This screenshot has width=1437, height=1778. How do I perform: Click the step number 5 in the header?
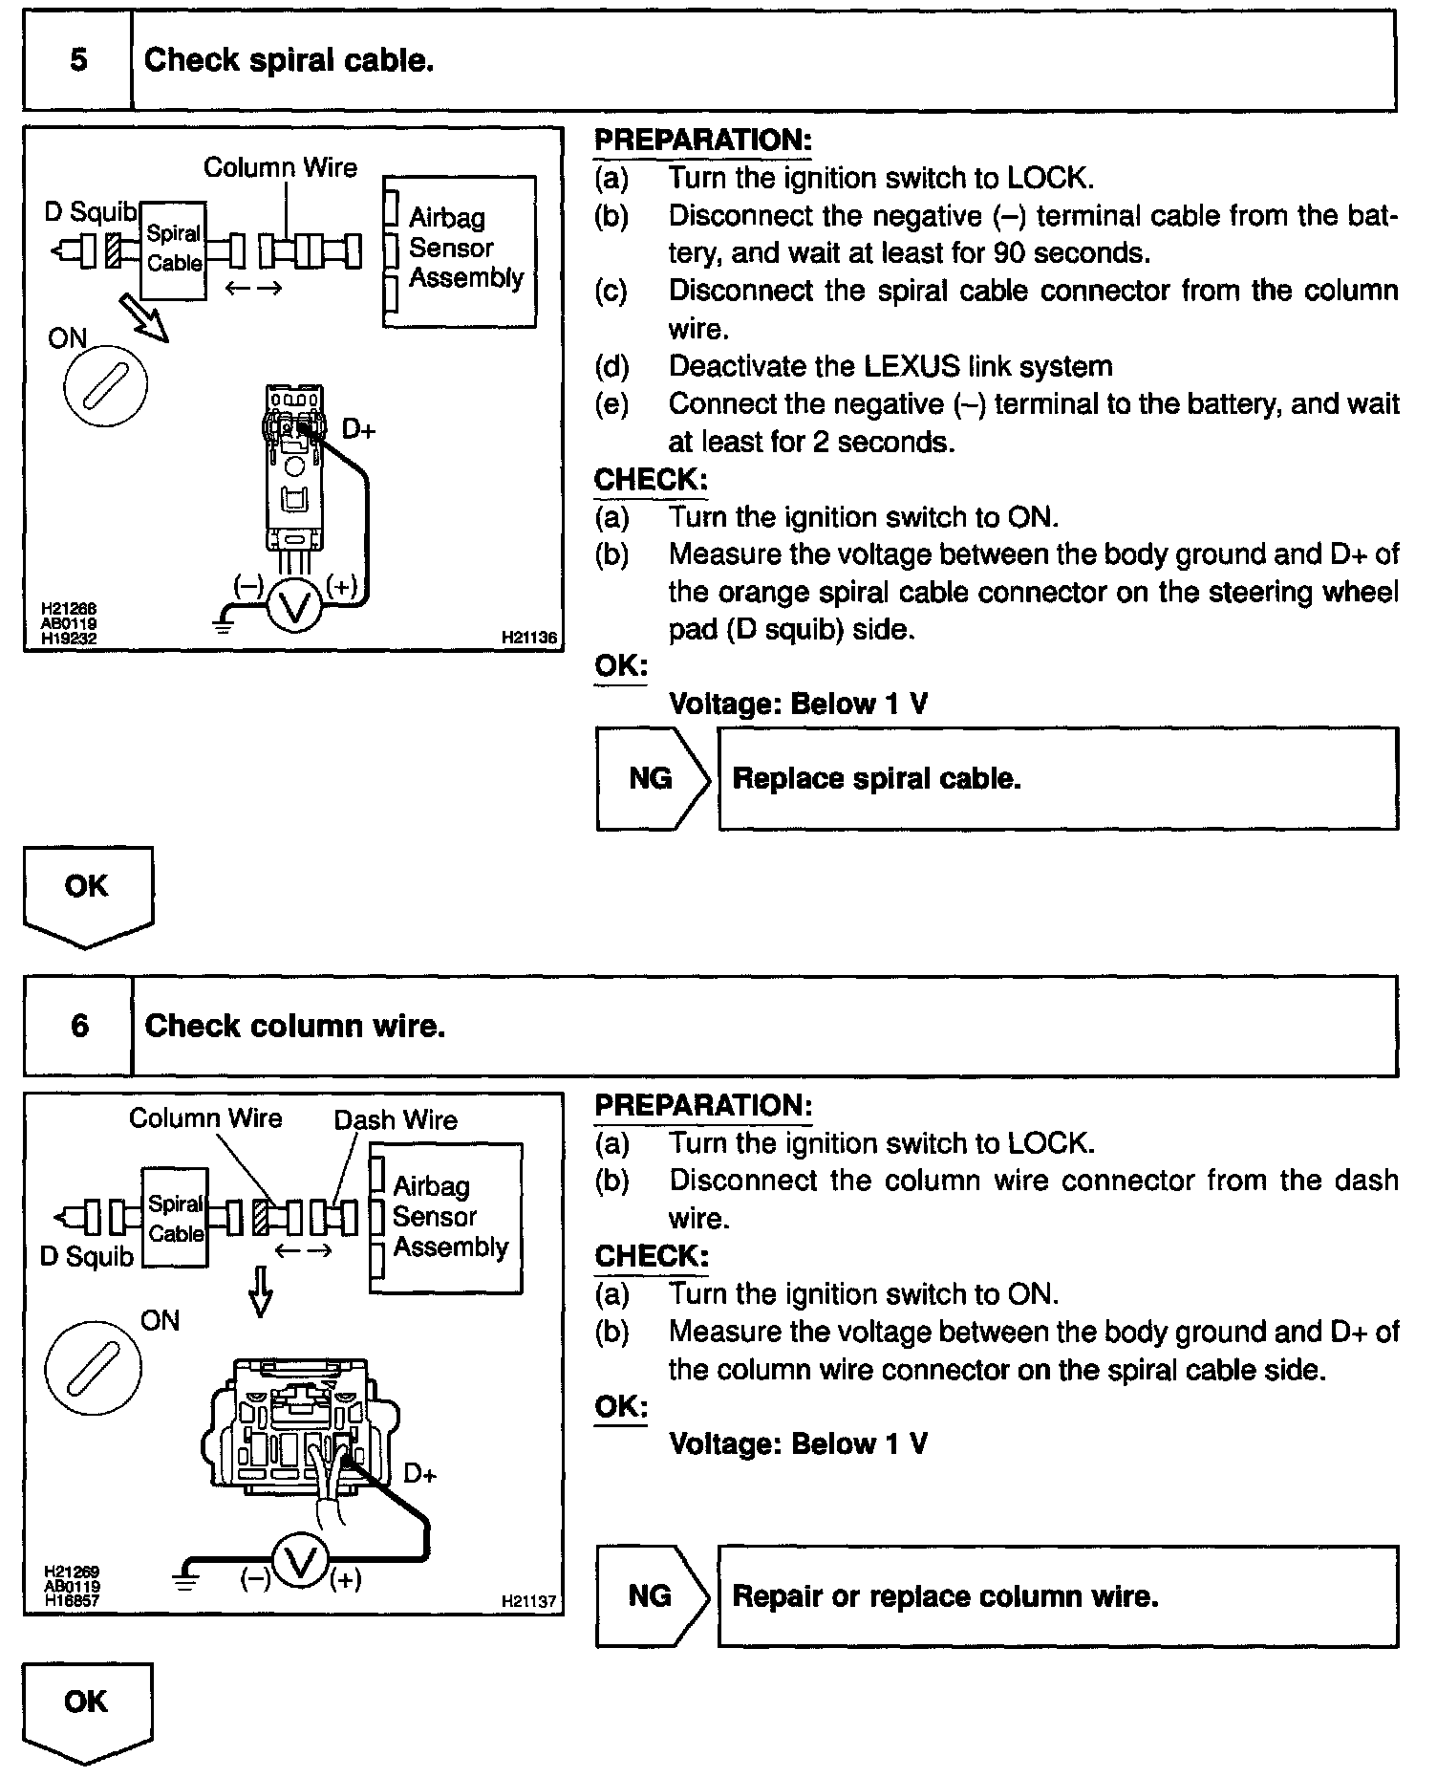(78, 60)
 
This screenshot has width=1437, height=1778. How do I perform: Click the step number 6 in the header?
(79, 1026)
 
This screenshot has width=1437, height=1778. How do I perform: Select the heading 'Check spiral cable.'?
(289, 60)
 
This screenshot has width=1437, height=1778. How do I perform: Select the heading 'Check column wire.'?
(294, 1026)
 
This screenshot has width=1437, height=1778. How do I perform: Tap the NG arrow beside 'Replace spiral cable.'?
(654, 778)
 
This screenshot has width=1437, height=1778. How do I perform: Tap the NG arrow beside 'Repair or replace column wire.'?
(654, 1595)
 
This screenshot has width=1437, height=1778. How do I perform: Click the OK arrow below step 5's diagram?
(87, 895)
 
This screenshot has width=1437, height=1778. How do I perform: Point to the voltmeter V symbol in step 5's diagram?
(295, 606)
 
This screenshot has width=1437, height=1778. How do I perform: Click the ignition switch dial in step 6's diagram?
(93, 1368)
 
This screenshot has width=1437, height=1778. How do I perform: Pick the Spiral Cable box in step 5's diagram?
(174, 249)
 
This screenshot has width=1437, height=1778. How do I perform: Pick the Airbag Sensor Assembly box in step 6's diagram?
(446, 1217)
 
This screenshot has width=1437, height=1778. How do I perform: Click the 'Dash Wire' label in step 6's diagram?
(396, 1119)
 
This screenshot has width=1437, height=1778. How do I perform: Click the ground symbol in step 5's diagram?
(225, 622)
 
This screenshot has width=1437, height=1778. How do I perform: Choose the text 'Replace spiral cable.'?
(876, 778)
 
